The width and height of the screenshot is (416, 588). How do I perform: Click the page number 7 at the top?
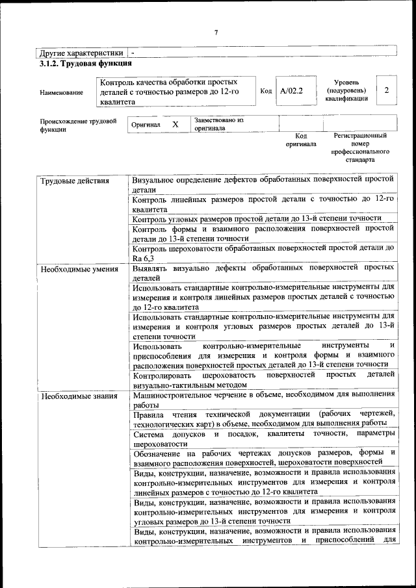pos(215,34)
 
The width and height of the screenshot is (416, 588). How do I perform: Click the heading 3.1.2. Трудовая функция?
pos(86,64)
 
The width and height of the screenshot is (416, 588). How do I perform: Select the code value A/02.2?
pos(291,91)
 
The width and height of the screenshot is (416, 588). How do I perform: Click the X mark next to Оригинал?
pos(175,124)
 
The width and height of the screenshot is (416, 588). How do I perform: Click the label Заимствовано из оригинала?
pos(218,124)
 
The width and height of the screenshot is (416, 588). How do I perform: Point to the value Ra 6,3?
pos(143,259)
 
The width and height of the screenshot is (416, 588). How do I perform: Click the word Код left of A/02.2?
pos(265,91)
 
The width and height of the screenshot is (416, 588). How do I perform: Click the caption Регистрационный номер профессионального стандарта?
pos(360,147)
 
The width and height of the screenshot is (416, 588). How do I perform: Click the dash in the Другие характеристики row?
pos(133,52)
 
